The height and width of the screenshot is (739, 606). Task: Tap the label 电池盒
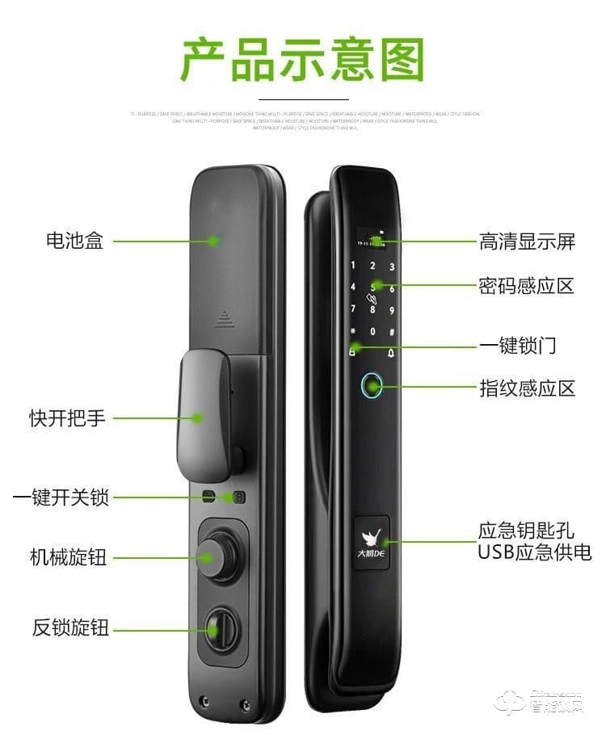click(x=74, y=241)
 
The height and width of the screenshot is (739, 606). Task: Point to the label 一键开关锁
click(x=61, y=497)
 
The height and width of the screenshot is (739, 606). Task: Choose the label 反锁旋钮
click(x=70, y=628)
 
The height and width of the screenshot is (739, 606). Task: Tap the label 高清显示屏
click(x=527, y=241)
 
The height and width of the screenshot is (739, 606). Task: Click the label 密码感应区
click(x=527, y=286)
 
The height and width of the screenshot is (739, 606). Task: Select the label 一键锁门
click(x=518, y=346)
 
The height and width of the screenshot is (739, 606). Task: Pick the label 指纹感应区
click(x=527, y=388)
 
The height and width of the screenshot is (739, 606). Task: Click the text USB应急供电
click(x=534, y=552)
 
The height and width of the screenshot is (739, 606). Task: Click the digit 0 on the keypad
click(x=372, y=332)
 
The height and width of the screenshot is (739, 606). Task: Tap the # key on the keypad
click(x=392, y=332)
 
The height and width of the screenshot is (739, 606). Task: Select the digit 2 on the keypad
click(x=372, y=266)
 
